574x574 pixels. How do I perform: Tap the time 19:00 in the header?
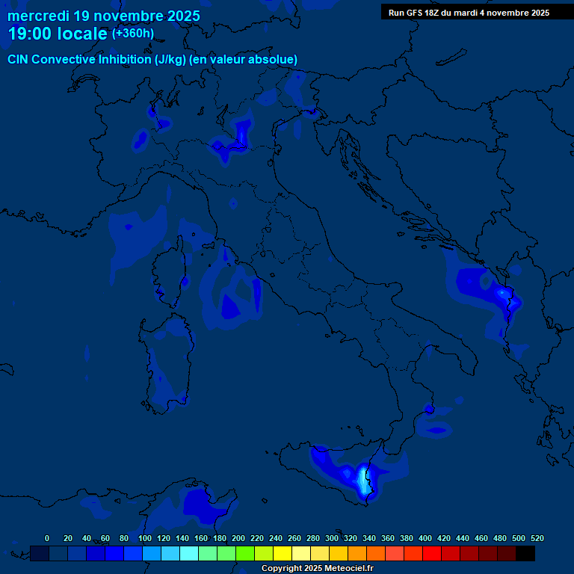31,34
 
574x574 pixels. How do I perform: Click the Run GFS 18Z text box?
469,13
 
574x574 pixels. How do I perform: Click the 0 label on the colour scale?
47,539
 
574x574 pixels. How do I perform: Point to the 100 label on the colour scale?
144,539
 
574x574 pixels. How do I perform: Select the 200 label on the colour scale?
238,539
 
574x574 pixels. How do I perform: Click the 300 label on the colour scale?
331,539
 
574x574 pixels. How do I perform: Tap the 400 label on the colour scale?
425,539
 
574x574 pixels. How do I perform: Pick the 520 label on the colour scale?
537,539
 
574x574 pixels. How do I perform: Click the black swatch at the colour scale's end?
525,553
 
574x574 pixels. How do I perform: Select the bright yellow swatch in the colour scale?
283,553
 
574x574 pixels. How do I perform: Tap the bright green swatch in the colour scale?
245,553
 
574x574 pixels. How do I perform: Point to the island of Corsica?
169,273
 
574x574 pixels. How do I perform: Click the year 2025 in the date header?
180,16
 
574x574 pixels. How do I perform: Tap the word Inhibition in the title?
123,60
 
